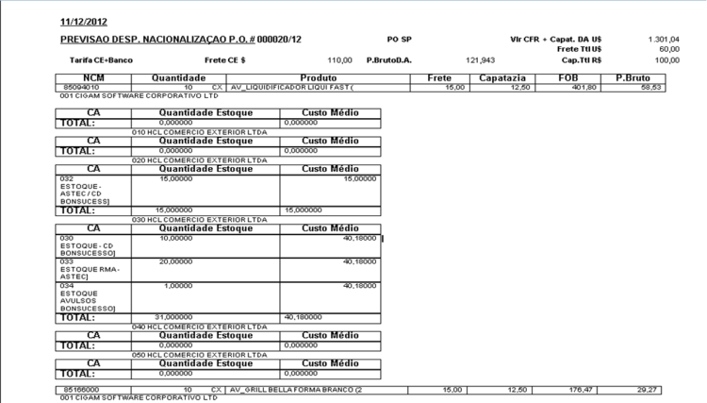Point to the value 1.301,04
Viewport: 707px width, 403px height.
664,40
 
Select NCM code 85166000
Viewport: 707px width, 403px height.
78,389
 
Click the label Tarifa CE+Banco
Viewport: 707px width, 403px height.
101,59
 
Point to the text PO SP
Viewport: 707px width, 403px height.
401,40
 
